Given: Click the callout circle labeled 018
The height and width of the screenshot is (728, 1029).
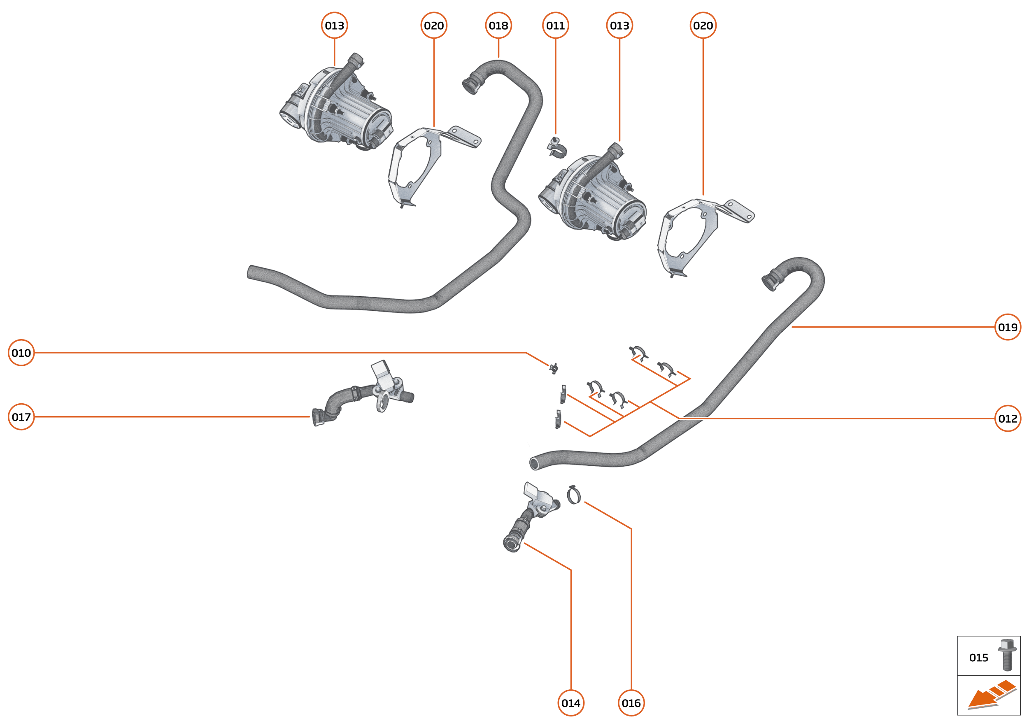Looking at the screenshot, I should [498, 26].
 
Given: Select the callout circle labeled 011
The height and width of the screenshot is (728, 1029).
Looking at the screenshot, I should [555, 26].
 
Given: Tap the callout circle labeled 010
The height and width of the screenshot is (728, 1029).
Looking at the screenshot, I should [21, 353].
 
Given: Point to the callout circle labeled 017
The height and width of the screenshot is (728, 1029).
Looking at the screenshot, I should [21, 417].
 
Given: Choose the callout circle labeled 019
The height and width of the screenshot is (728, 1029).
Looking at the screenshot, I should [1008, 327].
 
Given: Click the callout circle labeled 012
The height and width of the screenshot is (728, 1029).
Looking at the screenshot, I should [1008, 419].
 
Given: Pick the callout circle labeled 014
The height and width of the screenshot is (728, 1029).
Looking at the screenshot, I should [571, 703].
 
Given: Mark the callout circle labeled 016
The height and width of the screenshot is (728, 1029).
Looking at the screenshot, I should [631, 703].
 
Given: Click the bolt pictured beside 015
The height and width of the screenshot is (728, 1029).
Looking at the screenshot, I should [1007, 656].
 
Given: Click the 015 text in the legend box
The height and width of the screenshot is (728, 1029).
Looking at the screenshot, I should [978, 658].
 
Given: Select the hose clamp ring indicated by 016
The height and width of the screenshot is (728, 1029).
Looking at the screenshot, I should [574, 495].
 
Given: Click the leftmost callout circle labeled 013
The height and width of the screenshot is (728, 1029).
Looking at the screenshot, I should [335, 26].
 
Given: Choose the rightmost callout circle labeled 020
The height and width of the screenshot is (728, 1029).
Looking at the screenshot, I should [703, 26].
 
